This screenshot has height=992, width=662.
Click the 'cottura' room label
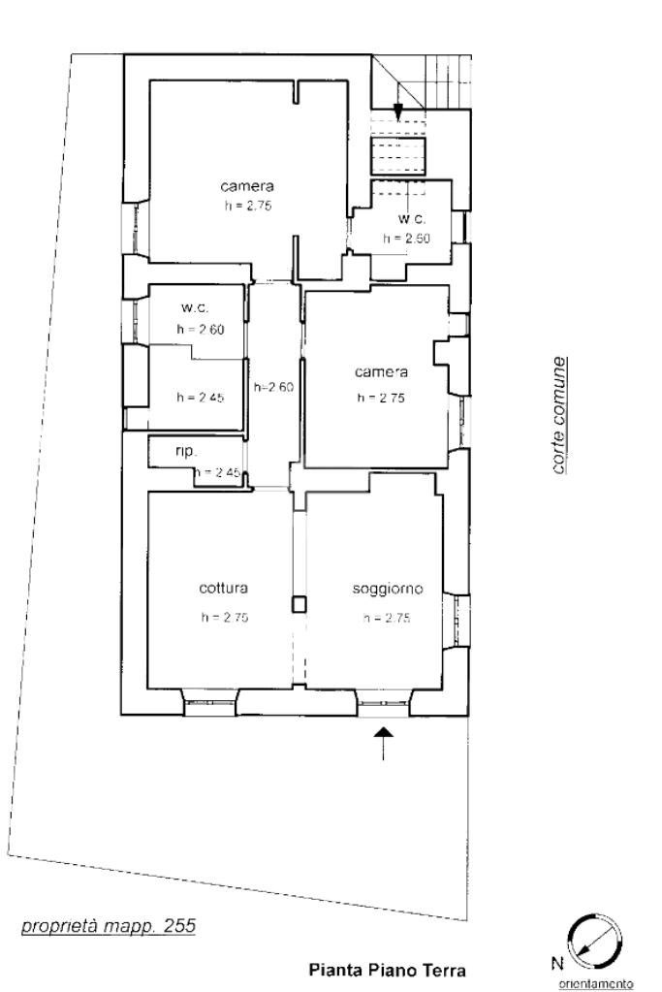(x=223, y=588)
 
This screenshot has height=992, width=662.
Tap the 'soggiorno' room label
(x=387, y=589)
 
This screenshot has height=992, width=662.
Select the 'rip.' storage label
(x=186, y=452)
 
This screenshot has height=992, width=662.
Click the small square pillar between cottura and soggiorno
(x=299, y=604)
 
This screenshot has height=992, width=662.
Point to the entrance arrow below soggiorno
(x=384, y=743)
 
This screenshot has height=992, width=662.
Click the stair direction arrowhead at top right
(x=397, y=112)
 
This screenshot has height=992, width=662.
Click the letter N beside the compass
(x=556, y=964)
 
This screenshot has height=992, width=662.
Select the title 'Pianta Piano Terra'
(x=387, y=970)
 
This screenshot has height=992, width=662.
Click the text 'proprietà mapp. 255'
(x=109, y=926)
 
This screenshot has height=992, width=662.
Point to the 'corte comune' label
(x=557, y=416)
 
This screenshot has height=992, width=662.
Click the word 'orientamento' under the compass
(x=596, y=984)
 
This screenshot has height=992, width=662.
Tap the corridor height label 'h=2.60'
(x=273, y=387)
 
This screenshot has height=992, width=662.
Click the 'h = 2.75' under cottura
(x=225, y=618)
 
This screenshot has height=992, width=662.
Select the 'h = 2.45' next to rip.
(x=217, y=472)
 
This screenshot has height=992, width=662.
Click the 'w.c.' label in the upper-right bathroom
(x=412, y=219)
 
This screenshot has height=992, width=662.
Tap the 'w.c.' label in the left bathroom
(x=195, y=308)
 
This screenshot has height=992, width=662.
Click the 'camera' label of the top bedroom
(x=247, y=186)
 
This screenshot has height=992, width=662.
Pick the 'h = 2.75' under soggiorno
(x=387, y=618)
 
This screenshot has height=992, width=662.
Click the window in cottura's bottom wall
(x=210, y=702)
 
